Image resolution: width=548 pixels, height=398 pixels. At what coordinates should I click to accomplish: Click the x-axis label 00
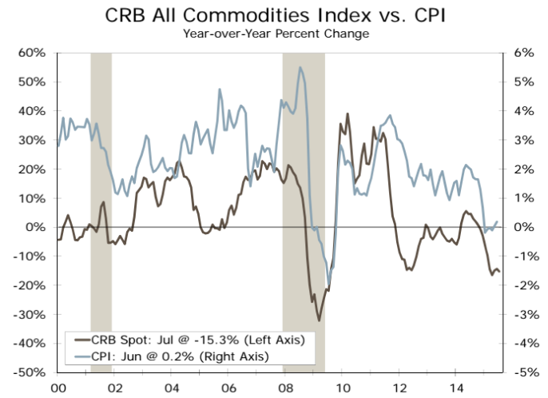coord(58,386)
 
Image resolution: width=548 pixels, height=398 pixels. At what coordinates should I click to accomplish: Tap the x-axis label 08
coord(284,386)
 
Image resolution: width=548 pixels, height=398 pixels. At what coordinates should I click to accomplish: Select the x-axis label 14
coord(455,386)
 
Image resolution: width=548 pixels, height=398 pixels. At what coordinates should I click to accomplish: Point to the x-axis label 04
coord(171,386)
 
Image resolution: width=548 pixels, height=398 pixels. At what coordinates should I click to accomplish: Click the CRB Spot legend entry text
coord(197,339)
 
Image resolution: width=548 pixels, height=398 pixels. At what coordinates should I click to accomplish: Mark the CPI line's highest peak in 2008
coord(300,67)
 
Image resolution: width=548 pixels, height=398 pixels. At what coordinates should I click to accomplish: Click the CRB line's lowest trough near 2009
coord(319,320)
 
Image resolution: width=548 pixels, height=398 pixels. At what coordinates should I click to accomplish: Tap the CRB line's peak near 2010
coord(347,114)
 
